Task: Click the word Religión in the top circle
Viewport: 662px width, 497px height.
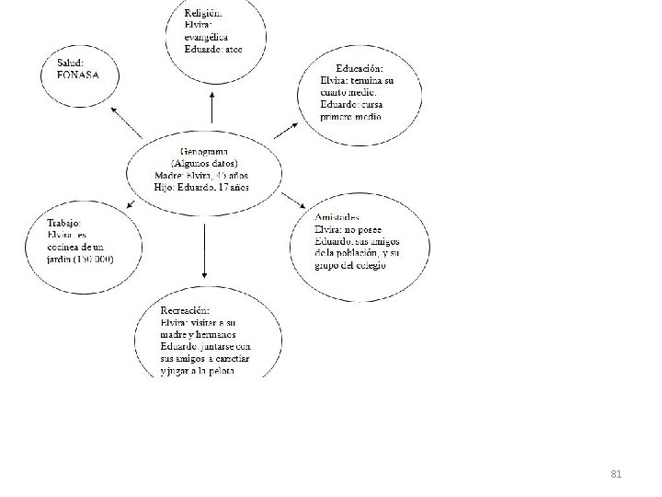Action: tap(201, 14)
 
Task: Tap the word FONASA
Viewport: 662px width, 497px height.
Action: tap(79, 74)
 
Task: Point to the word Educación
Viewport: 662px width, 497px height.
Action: tap(360, 68)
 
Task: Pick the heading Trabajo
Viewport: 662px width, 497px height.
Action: tap(67, 222)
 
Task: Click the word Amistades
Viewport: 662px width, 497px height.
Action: tap(337, 217)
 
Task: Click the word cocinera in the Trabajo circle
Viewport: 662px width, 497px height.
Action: tap(70, 247)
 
